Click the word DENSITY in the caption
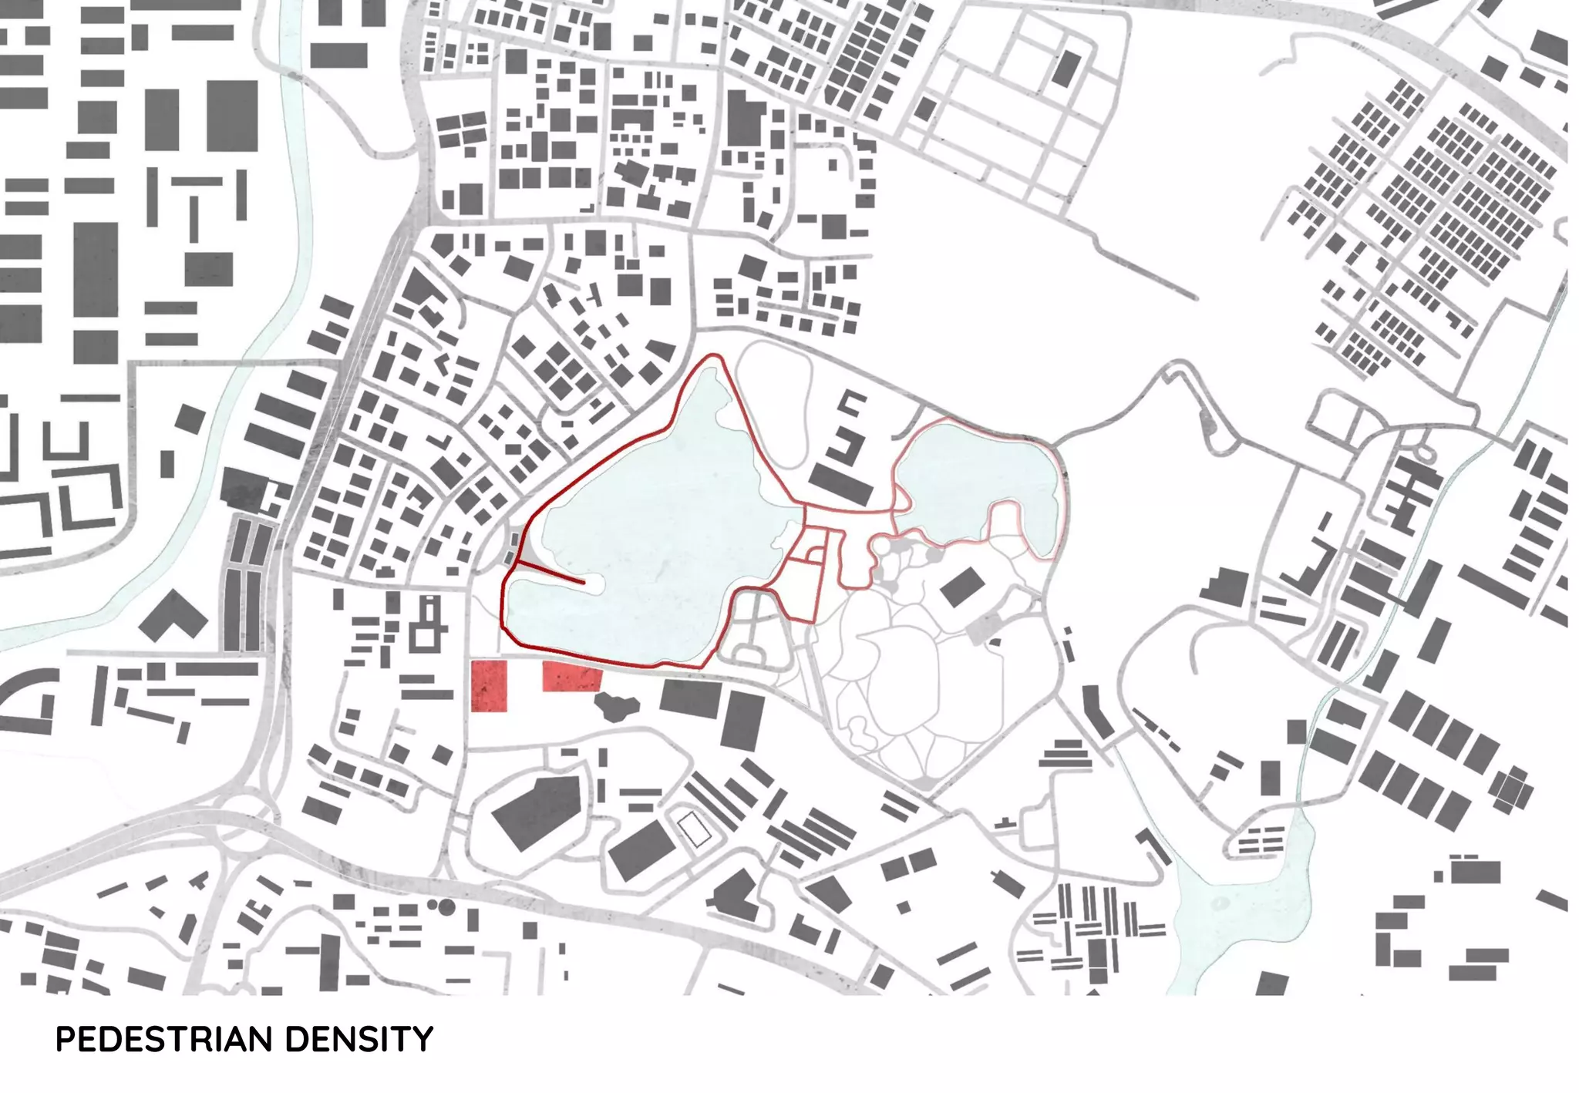[x=359, y=1040]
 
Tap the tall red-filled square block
[x=489, y=685]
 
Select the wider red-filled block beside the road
[x=571, y=676]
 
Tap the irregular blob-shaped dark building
[x=615, y=705]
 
